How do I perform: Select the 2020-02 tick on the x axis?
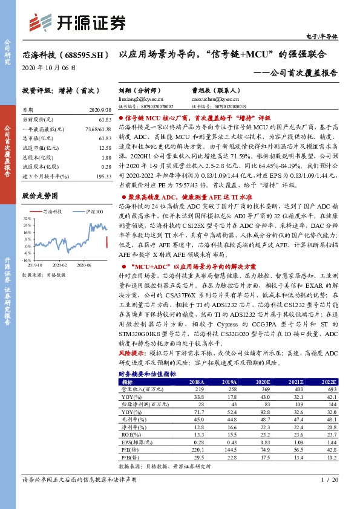point(59,265)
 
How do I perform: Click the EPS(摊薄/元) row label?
point(136,442)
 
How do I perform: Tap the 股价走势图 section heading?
point(40,197)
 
